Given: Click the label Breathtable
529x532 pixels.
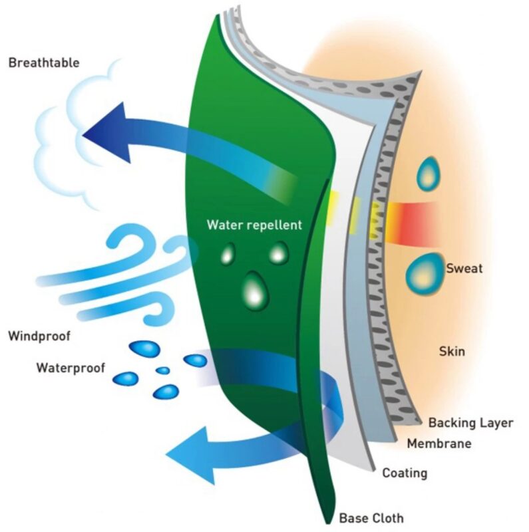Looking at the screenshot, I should tap(44, 63).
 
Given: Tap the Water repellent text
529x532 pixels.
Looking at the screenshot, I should tap(254, 225).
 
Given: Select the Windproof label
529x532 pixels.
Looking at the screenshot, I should tap(39, 336).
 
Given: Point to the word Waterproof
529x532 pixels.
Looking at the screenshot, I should tap(71, 367).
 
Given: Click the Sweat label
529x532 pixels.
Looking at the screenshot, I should tap(464, 269).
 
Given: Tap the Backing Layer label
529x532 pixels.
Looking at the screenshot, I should tap(470, 422).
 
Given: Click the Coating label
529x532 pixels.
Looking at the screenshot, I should tap(404, 473).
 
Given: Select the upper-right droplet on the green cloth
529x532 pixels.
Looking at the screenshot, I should tap(279, 251).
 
